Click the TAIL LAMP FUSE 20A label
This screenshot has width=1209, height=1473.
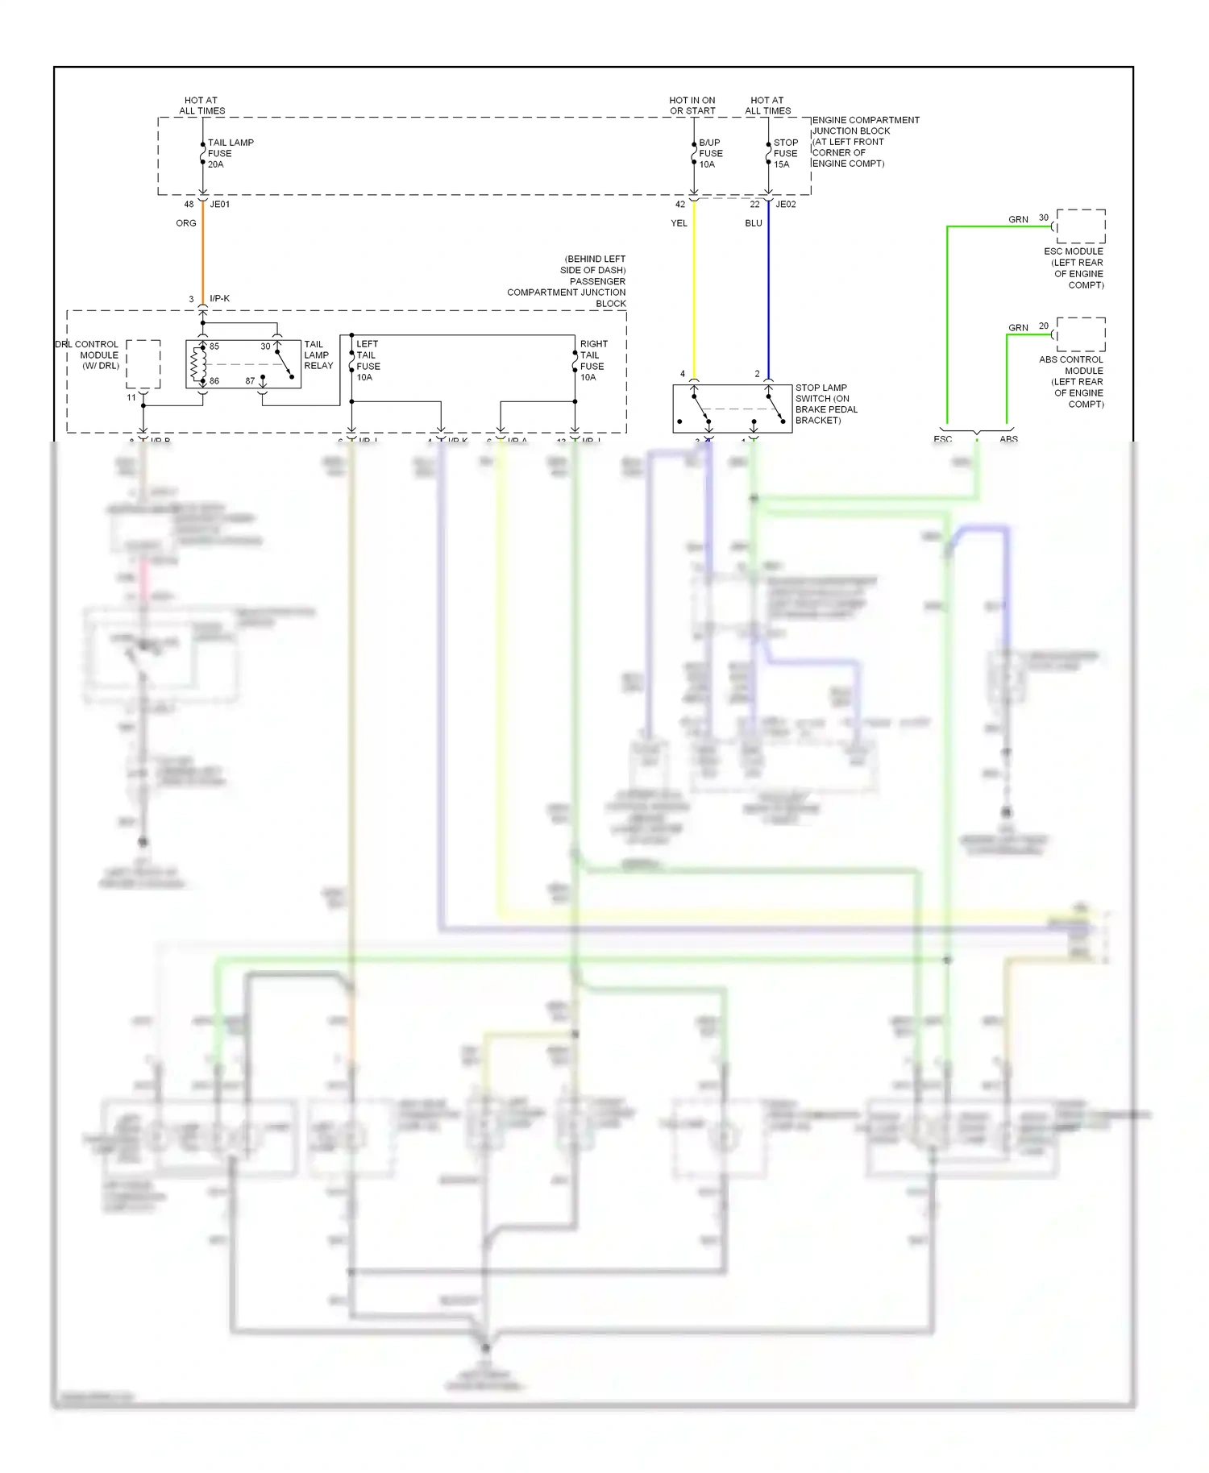click(230, 153)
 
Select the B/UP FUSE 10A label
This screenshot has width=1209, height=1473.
click(710, 153)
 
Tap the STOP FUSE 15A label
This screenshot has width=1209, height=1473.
click(785, 153)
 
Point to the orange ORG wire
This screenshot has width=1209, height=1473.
click(202, 258)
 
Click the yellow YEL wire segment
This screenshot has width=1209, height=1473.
click(694, 290)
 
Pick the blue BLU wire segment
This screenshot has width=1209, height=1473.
click(768, 290)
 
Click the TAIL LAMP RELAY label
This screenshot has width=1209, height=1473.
click(318, 355)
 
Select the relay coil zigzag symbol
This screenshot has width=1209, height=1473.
click(194, 364)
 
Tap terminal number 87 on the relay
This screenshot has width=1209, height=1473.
click(250, 381)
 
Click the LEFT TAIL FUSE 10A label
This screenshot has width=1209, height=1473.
click(368, 360)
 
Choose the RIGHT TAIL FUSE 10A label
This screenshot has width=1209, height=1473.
click(592, 360)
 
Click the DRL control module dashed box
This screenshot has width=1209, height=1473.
click(143, 364)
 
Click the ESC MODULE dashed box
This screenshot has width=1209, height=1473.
click(1081, 226)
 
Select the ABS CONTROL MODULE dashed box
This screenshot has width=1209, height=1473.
click(1081, 334)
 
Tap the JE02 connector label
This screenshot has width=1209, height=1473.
click(785, 205)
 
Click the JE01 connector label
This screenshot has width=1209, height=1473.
click(220, 205)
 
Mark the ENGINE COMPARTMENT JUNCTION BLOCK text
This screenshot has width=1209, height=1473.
click(864, 141)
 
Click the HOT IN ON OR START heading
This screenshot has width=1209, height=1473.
click(692, 106)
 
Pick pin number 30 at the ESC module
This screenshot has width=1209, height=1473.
click(1044, 218)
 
